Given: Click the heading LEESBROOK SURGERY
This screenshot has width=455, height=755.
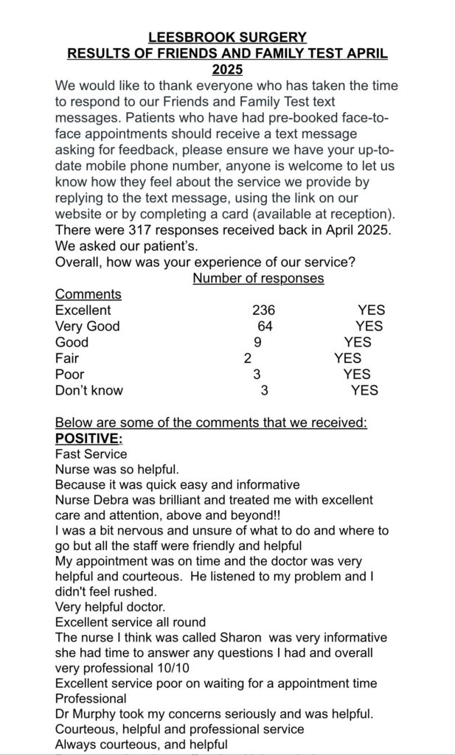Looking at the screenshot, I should (x=227, y=37).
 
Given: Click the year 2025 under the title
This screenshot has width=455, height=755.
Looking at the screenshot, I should (x=227, y=70).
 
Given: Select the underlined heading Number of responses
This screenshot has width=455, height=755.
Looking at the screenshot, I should (x=258, y=278).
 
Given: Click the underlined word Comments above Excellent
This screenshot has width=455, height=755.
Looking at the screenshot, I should (x=88, y=294).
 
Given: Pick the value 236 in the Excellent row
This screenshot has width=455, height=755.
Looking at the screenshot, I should (x=263, y=310).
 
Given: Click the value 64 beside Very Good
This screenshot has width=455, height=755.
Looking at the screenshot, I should (x=265, y=326).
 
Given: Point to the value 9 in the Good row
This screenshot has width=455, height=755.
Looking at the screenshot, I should (x=257, y=342).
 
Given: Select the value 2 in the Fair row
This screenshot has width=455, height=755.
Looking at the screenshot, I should (x=247, y=358).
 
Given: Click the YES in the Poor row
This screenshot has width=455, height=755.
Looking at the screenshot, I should (x=357, y=375).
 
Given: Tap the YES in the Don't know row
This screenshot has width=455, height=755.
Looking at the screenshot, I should (x=364, y=391).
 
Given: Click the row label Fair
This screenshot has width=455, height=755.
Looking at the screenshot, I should (x=67, y=358).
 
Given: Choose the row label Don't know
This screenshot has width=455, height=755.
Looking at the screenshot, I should (x=89, y=391).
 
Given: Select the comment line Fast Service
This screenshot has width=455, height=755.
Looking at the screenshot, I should (x=91, y=454).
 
